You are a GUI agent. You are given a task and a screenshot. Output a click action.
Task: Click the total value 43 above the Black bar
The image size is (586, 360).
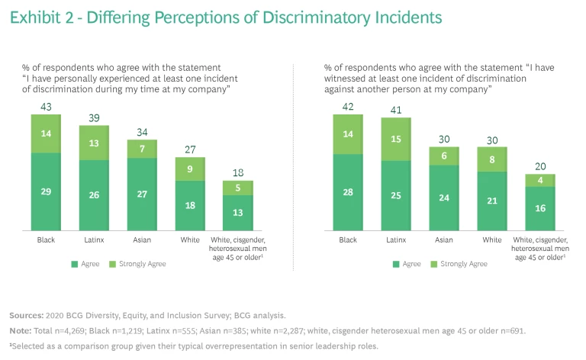point(46,106)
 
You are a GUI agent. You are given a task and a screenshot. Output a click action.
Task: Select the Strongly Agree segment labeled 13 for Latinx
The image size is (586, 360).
point(94,143)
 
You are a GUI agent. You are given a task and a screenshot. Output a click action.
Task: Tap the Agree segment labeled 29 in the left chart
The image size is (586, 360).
point(46,191)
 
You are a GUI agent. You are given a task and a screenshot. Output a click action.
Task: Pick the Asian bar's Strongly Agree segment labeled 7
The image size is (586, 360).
point(142,149)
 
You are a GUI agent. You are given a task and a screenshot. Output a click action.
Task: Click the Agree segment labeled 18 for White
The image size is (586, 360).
point(190,205)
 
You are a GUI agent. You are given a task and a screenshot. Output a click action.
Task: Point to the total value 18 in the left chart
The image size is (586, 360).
point(238,173)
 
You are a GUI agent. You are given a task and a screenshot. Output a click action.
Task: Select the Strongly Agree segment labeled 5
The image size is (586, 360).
point(238,188)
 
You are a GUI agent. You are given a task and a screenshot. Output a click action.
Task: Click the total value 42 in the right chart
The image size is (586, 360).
point(348,106)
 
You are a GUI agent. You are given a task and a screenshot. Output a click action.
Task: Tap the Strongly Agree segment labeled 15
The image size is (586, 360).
point(396,139)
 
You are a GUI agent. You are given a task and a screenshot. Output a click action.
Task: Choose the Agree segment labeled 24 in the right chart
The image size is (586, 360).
point(444,198)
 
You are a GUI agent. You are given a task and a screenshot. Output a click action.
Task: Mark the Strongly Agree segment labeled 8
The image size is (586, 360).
point(492,159)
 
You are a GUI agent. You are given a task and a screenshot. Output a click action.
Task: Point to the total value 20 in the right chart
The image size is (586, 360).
point(540,166)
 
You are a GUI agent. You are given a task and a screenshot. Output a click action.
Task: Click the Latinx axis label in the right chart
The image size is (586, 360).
point(396,239)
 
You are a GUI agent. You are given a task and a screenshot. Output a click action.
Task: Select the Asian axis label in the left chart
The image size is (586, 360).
point(142,239)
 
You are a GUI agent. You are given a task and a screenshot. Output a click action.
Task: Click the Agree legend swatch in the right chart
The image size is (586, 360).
point(395,264)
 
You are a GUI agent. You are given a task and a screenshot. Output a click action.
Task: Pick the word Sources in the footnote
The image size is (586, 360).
point(25,315)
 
